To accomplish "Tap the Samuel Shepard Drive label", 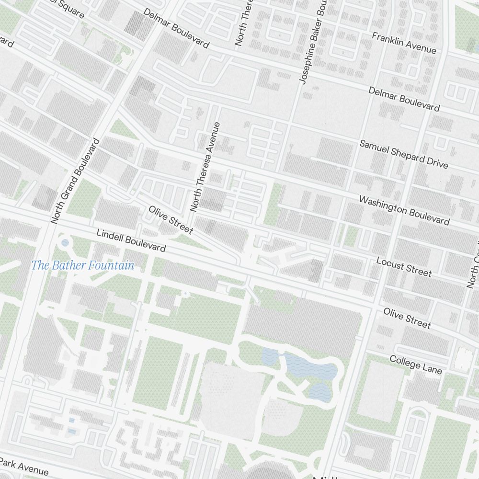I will pos(404,154).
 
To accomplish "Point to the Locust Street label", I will pos(404,267).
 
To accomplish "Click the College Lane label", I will pos(415,365).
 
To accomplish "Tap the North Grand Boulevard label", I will pos(76,181).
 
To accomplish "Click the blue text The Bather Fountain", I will pos(82,265).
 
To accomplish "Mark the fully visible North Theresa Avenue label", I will pos(205,167).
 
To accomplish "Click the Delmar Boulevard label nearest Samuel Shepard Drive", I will pos(404,99).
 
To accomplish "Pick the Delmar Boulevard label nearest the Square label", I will pos(176,28).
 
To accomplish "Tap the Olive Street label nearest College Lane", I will pos(407,318).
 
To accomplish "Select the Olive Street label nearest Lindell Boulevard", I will pos(171,220).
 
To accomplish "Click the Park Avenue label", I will pos(24,467).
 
